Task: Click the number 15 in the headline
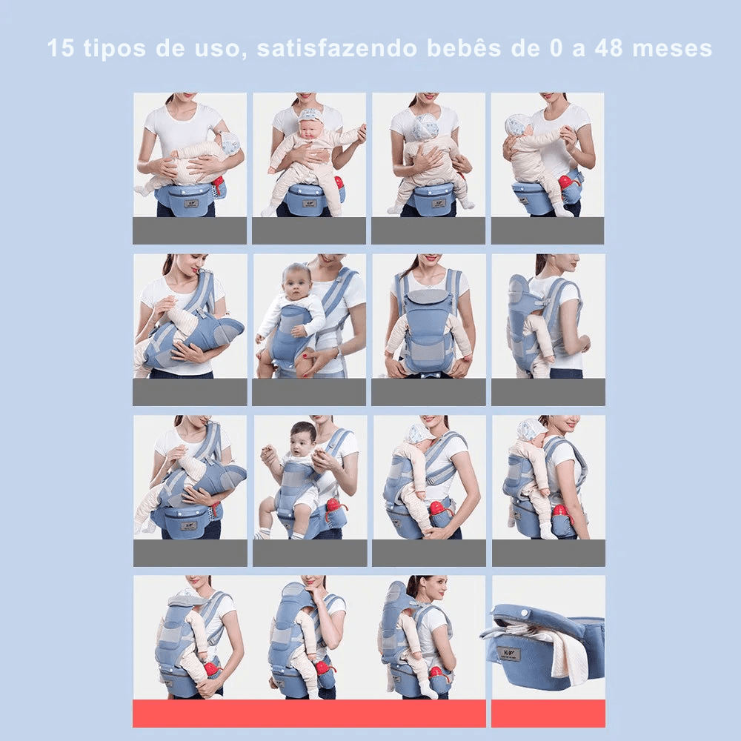pos(62,49)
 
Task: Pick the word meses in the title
pos(676,49)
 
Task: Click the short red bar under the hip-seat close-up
pos(548,713)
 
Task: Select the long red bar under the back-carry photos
pos(309,713)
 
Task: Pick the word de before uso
pos(175,49)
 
